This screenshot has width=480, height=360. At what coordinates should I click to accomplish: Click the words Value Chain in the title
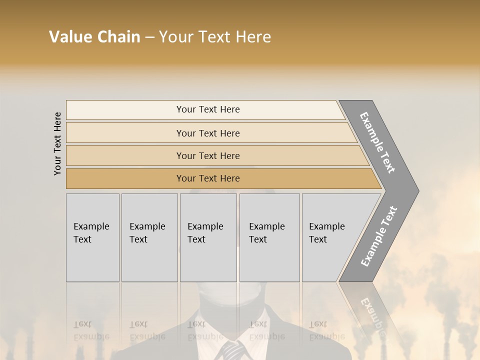pos(94,37)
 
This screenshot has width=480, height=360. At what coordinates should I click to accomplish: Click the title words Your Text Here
pos(215,37)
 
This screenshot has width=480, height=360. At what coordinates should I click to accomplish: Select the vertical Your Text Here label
pos(57,144)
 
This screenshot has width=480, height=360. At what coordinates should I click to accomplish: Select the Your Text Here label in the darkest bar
pos(208,178)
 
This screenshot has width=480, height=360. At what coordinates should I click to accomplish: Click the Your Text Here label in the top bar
pos(208,109)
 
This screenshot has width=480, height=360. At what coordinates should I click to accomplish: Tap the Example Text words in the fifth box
pos(326,232)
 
